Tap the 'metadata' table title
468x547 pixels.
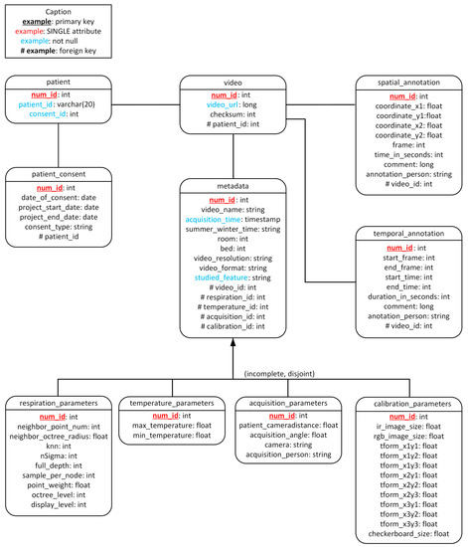point(233,187)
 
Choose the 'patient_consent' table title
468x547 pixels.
point(58,174)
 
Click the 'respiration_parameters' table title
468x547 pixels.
point(58,404)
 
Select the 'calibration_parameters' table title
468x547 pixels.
point(407,404)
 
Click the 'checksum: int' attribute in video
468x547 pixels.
point(233,116)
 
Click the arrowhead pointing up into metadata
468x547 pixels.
point(233,343)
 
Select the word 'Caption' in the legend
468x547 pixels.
point(58,11)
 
